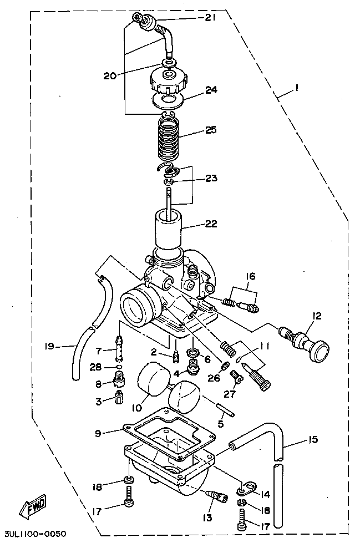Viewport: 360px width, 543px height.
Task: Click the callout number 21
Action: click(x=210, y=18)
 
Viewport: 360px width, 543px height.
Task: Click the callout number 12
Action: click(x=317, y=316)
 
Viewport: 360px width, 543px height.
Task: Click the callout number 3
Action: click(x=98, y=400)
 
